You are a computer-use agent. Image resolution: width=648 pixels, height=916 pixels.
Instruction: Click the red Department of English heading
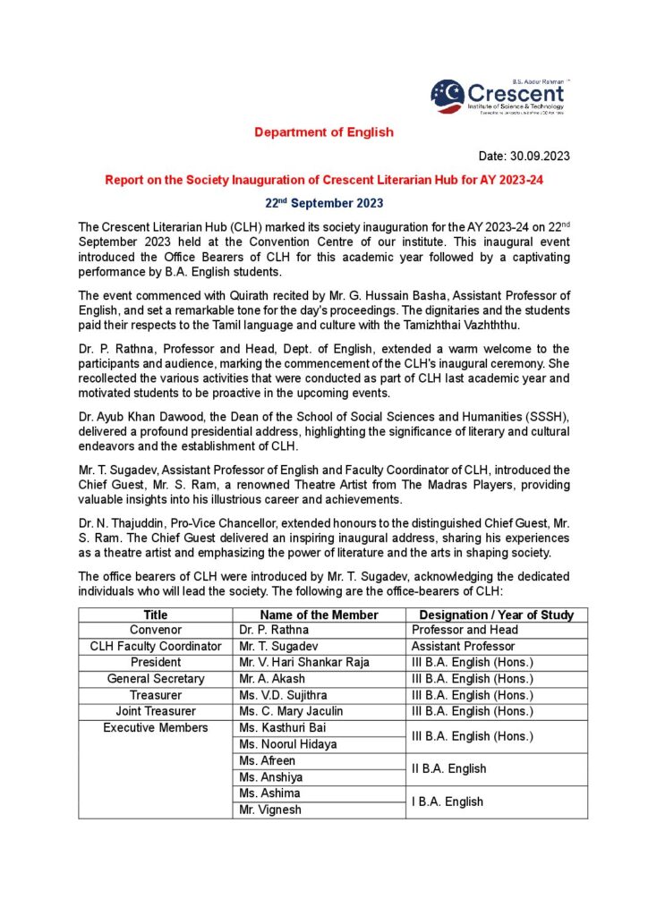coord(323,132)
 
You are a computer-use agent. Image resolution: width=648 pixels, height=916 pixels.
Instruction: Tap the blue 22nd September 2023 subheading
coord(323,203)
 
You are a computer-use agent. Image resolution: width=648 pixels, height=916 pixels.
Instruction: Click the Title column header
coord(156,615)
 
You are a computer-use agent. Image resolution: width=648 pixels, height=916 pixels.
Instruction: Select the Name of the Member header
coord(319,615)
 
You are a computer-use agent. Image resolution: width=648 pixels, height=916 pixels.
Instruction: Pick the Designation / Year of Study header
coord(497,615)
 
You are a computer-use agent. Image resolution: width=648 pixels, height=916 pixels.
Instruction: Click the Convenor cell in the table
coord(156,630)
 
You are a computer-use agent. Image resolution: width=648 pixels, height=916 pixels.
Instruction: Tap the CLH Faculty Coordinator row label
coord(156,646)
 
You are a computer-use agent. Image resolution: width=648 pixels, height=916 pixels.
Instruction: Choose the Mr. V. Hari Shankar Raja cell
coord(303,663)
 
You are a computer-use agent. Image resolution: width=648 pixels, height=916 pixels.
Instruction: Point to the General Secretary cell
coord(156,679)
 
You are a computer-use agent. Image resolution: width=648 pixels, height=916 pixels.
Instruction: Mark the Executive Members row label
coord(156,728)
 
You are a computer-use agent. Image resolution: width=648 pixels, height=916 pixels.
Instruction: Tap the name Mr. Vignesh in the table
coord(270,810)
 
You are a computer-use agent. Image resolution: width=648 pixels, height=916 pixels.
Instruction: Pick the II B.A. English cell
coord(448,768)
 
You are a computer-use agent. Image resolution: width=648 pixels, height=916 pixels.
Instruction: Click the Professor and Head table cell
coord(465,630)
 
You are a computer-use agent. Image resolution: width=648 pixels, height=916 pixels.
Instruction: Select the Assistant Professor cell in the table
coord(463,646)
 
